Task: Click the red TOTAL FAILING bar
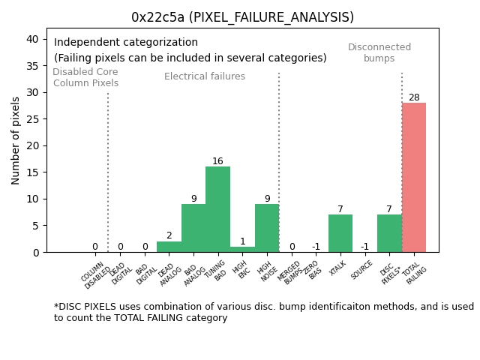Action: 414,178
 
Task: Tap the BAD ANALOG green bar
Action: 193,228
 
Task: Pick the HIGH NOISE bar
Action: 267,228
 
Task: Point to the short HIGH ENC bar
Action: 242,249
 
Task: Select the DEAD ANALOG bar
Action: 169,247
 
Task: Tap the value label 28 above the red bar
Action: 414,97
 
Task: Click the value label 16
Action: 217,161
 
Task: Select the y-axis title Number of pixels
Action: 16,140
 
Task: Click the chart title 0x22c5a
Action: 242,17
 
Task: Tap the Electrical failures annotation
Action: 205,76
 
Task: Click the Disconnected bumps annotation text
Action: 379,52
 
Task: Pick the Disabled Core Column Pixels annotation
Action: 85,77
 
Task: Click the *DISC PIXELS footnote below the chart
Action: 263,312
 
